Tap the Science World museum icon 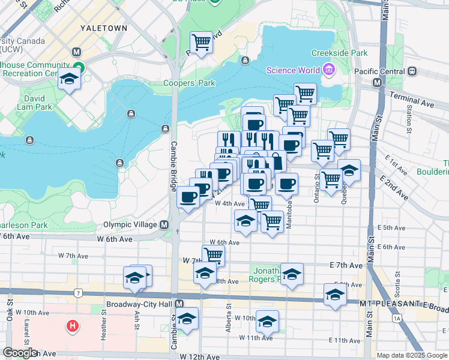pos(327,71)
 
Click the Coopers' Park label pos(189,83)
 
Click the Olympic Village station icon pos(164,224)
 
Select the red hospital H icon pos(73,327)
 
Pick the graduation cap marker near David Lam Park pos(70,79)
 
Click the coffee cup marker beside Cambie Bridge pos(188,197)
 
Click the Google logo pos(20,353)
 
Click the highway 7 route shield pos(78,293)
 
